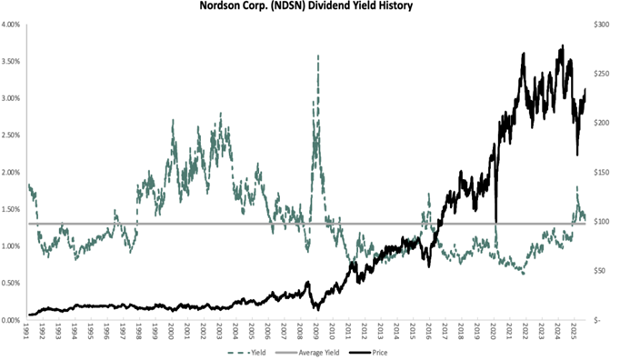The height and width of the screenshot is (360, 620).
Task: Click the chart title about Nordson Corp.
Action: pyautogui.click(x=309, y=6)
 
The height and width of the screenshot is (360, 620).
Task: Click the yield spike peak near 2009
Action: pyautogui.click(x=317, y=55)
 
